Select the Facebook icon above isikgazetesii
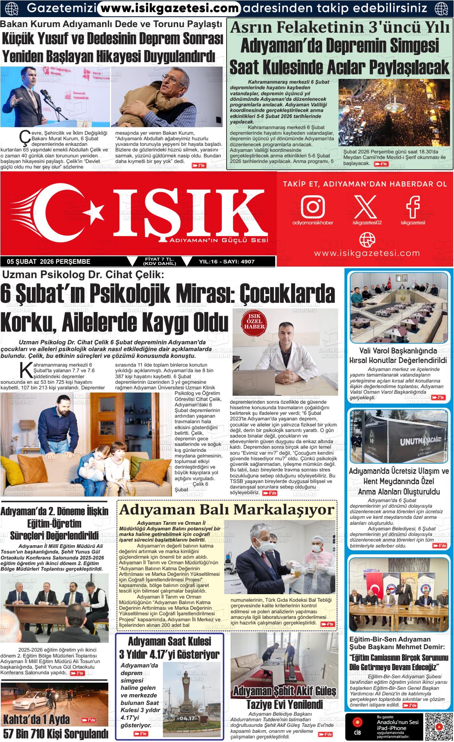[413, 206]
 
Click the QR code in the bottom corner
[438, 726]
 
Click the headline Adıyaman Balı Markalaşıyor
[227, 510]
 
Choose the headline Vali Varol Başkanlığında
[398, 351]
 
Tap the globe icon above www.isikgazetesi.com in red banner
[367, 239]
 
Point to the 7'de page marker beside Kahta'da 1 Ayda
[88, 720]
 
